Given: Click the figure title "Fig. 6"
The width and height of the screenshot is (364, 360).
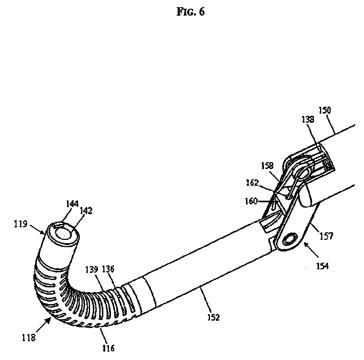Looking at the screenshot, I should click(x=191, y=12).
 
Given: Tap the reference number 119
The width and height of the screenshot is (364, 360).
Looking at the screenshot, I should click(x=32, y=224).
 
